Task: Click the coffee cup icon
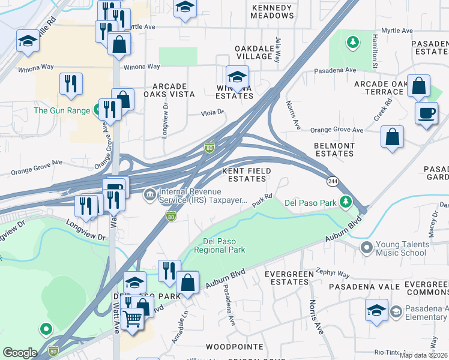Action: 426,113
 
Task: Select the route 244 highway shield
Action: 332,181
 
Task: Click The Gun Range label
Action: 62,110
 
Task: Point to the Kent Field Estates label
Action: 247,175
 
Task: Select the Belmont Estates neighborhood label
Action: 334,149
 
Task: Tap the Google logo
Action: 20,353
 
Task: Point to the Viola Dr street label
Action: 212,112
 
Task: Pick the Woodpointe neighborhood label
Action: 234,347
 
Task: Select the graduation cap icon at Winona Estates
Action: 237,77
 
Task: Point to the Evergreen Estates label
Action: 289,278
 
